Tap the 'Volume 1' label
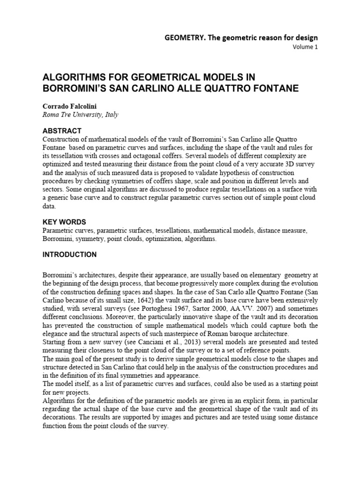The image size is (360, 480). pos(305,47)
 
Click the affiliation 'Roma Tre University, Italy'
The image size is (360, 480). pos(79,115)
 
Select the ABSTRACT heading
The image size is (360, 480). pos(62,131)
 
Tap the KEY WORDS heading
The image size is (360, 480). pos(64,222)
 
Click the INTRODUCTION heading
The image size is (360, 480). pos(69,255)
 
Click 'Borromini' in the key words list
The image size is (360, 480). pos(56,239)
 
